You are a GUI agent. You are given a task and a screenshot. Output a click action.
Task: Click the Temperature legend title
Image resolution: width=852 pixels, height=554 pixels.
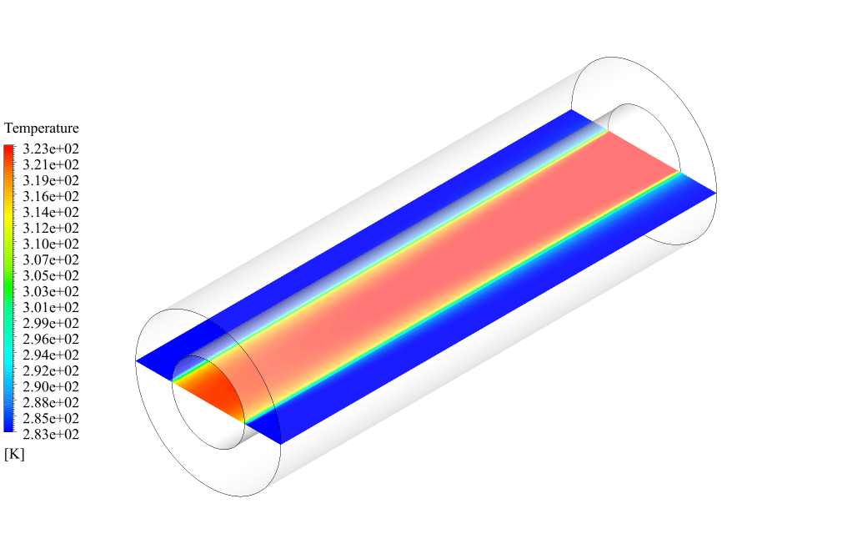tap(42, 128)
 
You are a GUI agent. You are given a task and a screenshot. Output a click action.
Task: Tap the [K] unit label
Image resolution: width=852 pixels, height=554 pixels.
tap(14, 454)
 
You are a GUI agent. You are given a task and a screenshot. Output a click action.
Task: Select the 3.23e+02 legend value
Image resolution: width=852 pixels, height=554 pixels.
tap(51, 149)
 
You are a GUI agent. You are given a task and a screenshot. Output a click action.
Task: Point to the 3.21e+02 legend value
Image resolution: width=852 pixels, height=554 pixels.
tap(51, 164)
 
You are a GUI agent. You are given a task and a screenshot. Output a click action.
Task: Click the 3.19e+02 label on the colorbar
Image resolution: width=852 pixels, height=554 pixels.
tap(51, 180)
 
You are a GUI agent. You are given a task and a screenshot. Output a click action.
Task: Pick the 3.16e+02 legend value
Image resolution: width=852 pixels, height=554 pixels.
tap(51, 196)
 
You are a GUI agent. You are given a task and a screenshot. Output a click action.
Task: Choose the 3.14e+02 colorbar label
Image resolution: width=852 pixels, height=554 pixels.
tap(51, 212)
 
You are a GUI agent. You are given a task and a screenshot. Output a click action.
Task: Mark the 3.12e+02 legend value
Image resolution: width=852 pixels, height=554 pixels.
tap(51, 228)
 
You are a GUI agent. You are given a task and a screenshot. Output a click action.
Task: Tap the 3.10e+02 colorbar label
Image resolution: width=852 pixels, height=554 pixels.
tap(51, 244)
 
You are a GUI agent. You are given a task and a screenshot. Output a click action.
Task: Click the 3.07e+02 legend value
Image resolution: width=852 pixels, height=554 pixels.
tap(51, 259)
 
